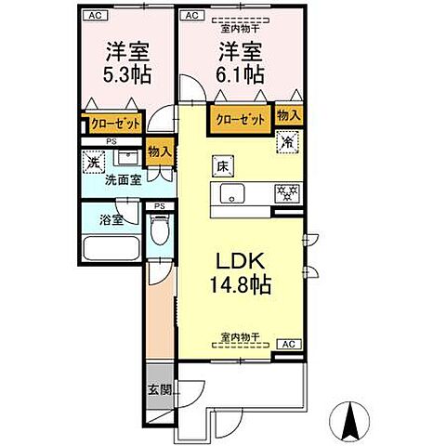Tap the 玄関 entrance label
(159, 389)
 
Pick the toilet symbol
(159, 229)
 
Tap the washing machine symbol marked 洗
(93, 163)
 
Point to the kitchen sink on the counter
(232, 193)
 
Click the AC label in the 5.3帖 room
(93, 16)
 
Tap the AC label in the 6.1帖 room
(191, 16)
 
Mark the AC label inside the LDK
(286, 344)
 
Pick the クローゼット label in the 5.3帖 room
(115, 123)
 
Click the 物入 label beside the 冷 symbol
(289, 115)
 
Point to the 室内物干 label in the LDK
(239, 335)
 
